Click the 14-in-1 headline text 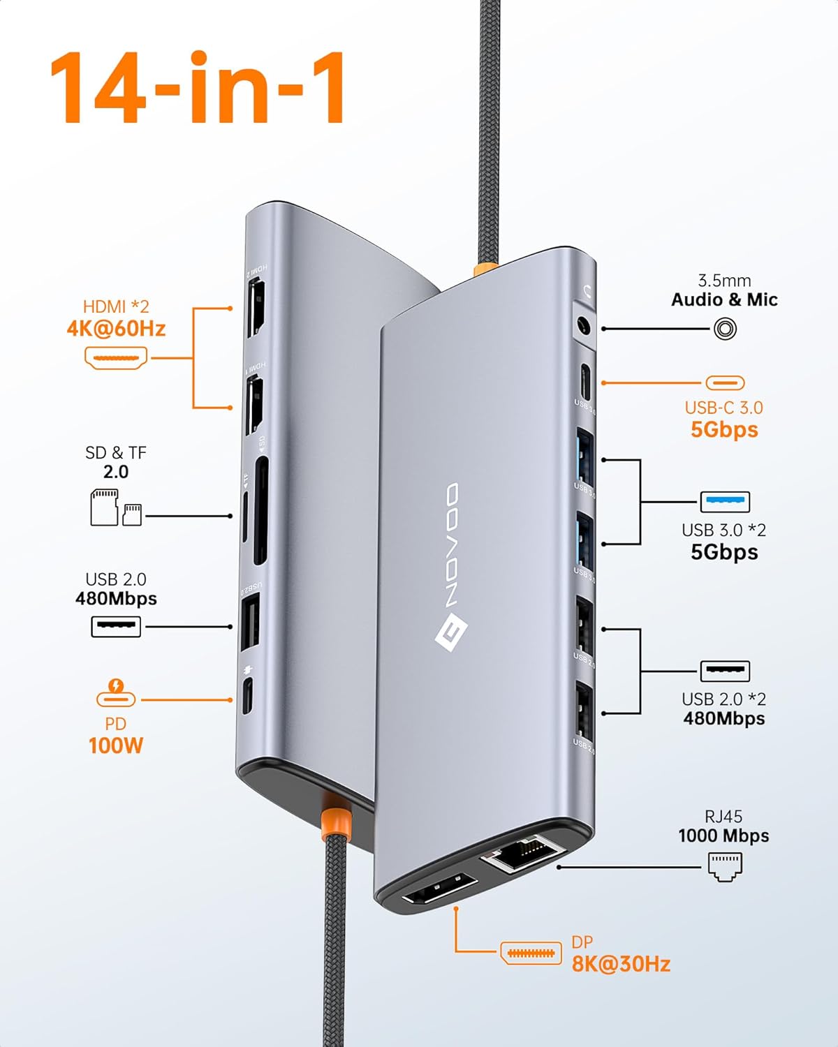[x=197, y=89]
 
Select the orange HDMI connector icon [x=116, y=358]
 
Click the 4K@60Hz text [x=116, y=329]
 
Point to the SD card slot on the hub [x=260, y=511]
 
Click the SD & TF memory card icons [x=116, y=507]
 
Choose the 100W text [x=116, y=745]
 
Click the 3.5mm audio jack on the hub [x=582, y=327]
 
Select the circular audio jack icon [x=725, y=329]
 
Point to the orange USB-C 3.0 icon [x=725, y=383]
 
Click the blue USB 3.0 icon [x=725, y=501]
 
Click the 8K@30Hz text [x=621, y=965]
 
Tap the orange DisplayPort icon [x=531, y=953]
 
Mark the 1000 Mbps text [x=723, y=836]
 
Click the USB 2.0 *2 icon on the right [x=725, y=671]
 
